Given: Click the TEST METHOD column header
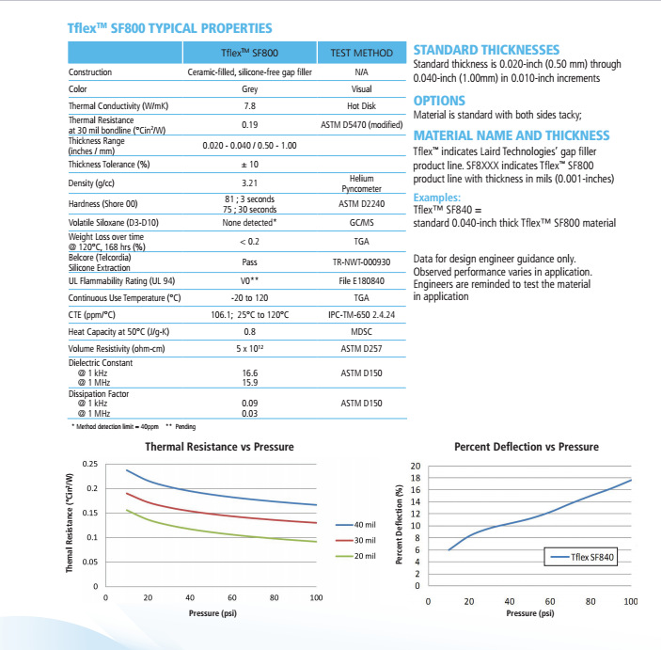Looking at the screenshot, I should (361, 53).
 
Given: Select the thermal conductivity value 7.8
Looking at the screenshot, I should (249, 106).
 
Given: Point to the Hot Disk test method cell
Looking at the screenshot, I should (361, 106).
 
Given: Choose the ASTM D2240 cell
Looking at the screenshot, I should (361, 203).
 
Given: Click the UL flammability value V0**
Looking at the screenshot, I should (249, 280).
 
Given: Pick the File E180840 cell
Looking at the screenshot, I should (361, 280).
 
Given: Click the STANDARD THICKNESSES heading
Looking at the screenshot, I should (486, 50).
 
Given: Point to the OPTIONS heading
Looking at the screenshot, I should (439, 100).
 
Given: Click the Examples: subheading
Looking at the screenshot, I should (437, 198).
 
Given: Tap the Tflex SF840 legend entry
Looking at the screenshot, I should (590, 557).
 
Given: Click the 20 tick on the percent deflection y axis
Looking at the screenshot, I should (415, 467).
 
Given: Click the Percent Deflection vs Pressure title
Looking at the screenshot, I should (527, 446).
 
